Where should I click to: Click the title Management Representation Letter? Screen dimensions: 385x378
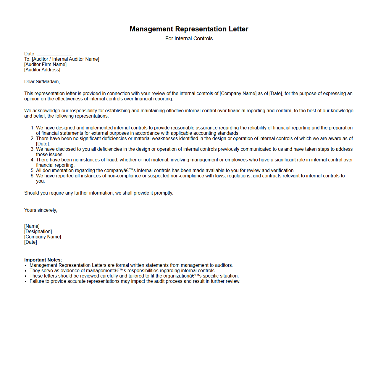189,29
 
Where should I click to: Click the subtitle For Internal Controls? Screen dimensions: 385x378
189,38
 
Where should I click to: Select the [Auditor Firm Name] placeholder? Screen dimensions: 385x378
45,65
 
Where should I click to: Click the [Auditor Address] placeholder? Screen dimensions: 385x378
42,70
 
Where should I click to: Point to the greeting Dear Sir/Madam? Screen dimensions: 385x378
42,82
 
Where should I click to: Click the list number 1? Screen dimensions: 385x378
32,128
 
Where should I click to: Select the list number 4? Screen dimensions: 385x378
32,160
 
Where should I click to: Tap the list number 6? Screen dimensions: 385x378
32,176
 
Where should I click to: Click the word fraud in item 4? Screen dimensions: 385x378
112,160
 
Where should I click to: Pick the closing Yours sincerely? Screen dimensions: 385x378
41,210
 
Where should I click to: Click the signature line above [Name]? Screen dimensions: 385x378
65,222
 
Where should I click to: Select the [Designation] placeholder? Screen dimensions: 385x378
38,232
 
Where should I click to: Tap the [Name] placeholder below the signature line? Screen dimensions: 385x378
32,226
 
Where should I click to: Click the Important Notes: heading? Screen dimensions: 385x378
43,260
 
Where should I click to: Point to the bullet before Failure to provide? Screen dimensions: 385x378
26,282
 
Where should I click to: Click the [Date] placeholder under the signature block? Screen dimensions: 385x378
30,242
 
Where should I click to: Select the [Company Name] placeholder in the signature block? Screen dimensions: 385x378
43,237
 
